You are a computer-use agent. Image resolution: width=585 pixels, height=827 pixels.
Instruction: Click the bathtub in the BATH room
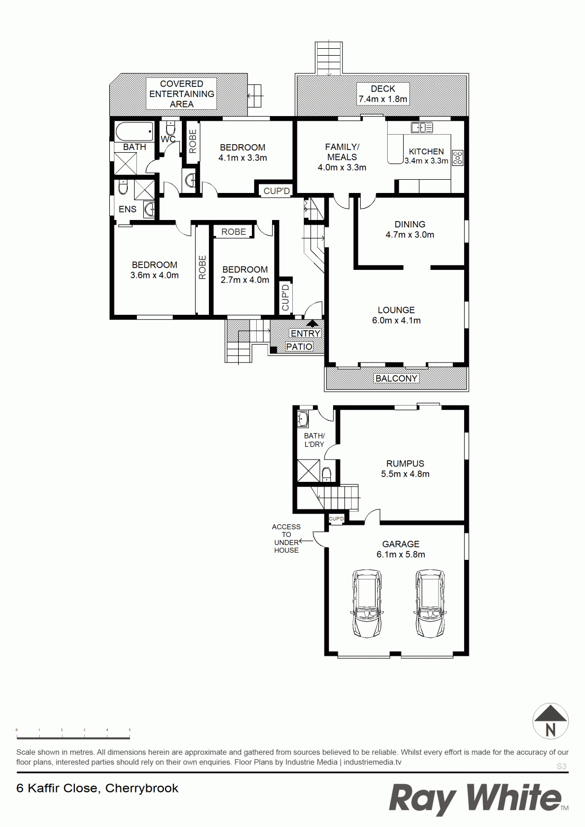(x=134, y=131)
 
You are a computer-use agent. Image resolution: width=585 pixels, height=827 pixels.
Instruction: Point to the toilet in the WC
(x=170, y=128)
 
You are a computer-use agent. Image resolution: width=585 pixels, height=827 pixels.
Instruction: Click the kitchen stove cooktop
(x=458, y=158)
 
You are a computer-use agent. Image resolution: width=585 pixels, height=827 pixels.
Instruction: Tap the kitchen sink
(x=422, y=128)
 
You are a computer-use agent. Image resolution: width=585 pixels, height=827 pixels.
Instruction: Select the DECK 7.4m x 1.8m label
(x=383, y=94)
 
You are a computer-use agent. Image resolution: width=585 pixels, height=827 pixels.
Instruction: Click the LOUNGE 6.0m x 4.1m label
(x=396, y=315)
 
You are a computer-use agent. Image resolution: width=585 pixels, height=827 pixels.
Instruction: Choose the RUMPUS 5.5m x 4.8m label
(x=405, y=469)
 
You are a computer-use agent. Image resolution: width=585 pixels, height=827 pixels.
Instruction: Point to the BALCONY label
(x=396, y=378)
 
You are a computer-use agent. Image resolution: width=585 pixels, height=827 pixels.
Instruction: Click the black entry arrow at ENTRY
(x=312, y=323)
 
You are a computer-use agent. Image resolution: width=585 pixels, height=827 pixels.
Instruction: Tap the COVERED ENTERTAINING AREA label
(x=182, y=94)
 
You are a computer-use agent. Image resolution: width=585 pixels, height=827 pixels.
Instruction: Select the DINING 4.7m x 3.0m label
(x=410, y=229)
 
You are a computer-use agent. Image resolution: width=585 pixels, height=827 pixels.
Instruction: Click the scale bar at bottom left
(x=73, y=738)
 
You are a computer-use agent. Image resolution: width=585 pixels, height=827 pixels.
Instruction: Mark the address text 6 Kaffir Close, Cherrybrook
(x=98, y=788)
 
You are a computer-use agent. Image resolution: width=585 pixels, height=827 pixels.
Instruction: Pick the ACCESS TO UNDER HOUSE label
(x=286, y=538)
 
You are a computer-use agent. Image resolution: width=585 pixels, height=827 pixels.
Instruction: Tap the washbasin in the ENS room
(x=149, y=209)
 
